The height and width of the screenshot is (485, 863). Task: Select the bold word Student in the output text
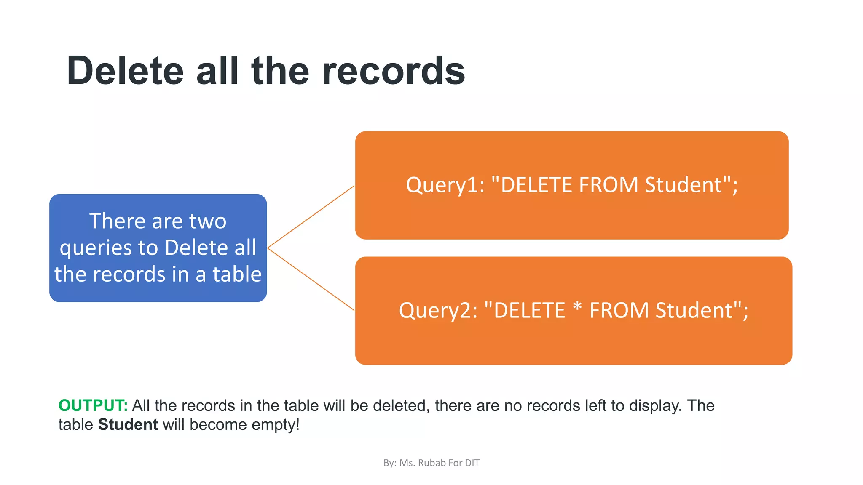[x=128, y=424]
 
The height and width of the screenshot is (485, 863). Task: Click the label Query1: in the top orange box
[x=445, y=185]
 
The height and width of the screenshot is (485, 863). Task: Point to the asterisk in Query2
[x=577, y=307]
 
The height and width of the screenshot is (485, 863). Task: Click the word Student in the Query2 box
[x=694, y=311]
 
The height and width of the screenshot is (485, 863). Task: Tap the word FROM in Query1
[x=608, y=185]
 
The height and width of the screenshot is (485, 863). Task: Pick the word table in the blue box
[x=237, y=274]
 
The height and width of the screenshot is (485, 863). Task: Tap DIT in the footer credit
[x=472, y=463]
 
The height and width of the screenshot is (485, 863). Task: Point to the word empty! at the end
[x=276, y=425]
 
